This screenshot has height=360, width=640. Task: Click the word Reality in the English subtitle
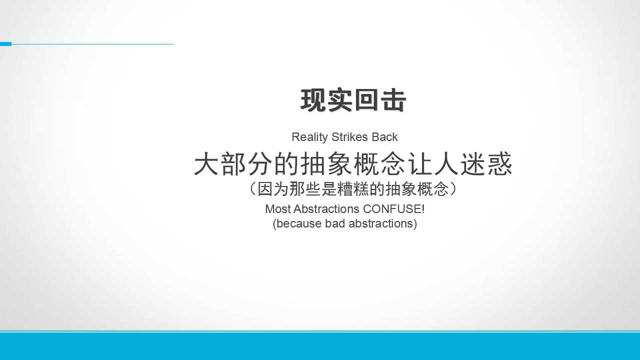[x=309, y=137]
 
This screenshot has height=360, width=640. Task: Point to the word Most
[x=278, y=209]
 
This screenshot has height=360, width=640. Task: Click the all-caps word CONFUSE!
[x=393, y=209]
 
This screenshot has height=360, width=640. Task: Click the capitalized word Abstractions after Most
[x=326, y=209]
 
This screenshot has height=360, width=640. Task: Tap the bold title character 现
[x=313, y=100]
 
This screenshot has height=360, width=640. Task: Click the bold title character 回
[x=366, y=100]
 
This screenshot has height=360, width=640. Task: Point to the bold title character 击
[x=393, y=100]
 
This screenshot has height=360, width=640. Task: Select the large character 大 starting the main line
[x=206, y=163]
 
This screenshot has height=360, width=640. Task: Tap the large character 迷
[x=473, y=163]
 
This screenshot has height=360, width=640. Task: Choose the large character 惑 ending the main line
[x=499, y=163]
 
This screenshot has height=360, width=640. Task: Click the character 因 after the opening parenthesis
[x=264, y=189]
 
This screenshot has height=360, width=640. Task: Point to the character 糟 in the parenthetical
[x=345, y=189]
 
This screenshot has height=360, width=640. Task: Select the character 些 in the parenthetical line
[x=313, y=189]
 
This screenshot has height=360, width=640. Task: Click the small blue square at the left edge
[x=5, y=44]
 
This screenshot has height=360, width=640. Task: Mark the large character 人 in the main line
[x=446, y=163]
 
